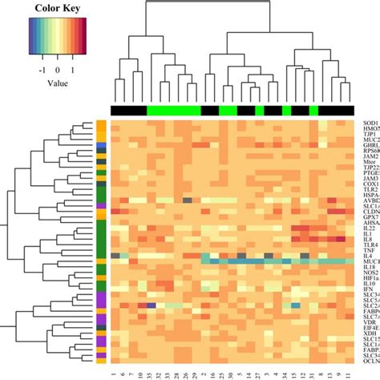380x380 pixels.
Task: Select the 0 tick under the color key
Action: coord(58,70)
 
